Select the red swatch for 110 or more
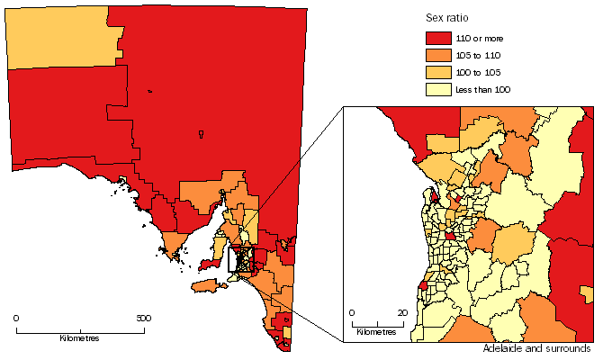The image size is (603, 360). pos(437,38)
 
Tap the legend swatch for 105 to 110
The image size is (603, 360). pos(437,55)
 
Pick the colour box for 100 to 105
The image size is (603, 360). pos(437,72)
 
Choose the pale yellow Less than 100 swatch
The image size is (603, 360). pos(437,89)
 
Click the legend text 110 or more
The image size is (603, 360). pos(482,38)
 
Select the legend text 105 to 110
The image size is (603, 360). pos(480,55)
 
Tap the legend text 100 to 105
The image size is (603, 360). pos(480,72)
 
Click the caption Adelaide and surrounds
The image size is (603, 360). pos(535,348)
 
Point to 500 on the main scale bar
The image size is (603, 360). pos(143,318)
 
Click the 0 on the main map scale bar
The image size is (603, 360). pos(16,318)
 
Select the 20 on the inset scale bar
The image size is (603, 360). pos(402,312)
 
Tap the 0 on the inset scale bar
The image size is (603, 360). pos(352,312)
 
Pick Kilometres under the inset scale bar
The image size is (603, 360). pos(376,332)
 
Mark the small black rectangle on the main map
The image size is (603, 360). pos(242,259)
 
